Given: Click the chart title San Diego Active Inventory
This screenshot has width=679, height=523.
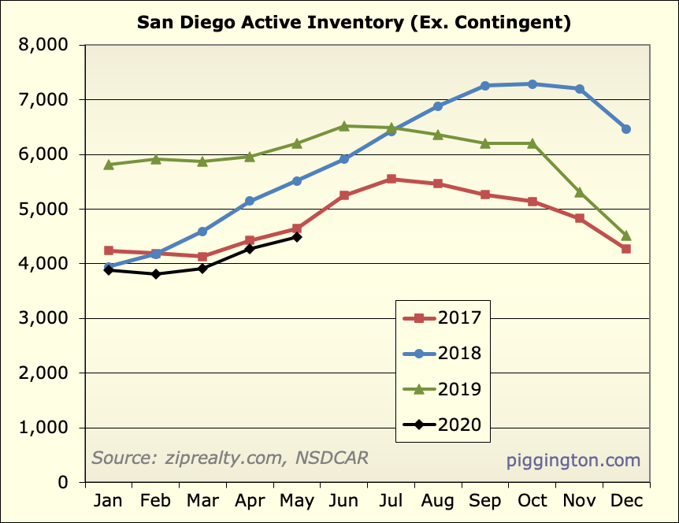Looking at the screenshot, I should point(354,22).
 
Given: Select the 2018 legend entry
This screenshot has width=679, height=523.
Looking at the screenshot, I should point(442,353).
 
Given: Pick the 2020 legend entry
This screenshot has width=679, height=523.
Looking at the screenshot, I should point(442,426).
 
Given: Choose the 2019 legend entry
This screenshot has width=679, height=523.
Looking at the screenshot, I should point(442,389).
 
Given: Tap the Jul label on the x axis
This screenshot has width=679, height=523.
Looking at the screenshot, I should point(391,501).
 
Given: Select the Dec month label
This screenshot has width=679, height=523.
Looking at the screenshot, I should point(626,501).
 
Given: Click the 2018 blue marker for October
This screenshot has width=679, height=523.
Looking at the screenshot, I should point(532,84).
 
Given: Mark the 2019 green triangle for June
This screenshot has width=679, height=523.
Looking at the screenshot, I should point(344,126).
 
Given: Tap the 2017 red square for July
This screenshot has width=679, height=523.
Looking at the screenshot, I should point(391,180).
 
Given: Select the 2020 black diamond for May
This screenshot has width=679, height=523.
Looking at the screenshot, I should point(297,237).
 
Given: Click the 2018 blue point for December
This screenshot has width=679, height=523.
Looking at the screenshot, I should point(626,129).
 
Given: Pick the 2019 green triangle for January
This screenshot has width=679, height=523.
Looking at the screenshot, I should point(109,165).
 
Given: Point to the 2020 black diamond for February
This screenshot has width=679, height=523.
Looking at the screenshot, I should point(156,274).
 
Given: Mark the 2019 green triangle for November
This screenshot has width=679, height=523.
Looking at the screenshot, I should point(579,192).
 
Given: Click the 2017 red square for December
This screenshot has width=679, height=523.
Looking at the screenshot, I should point(626,249).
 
